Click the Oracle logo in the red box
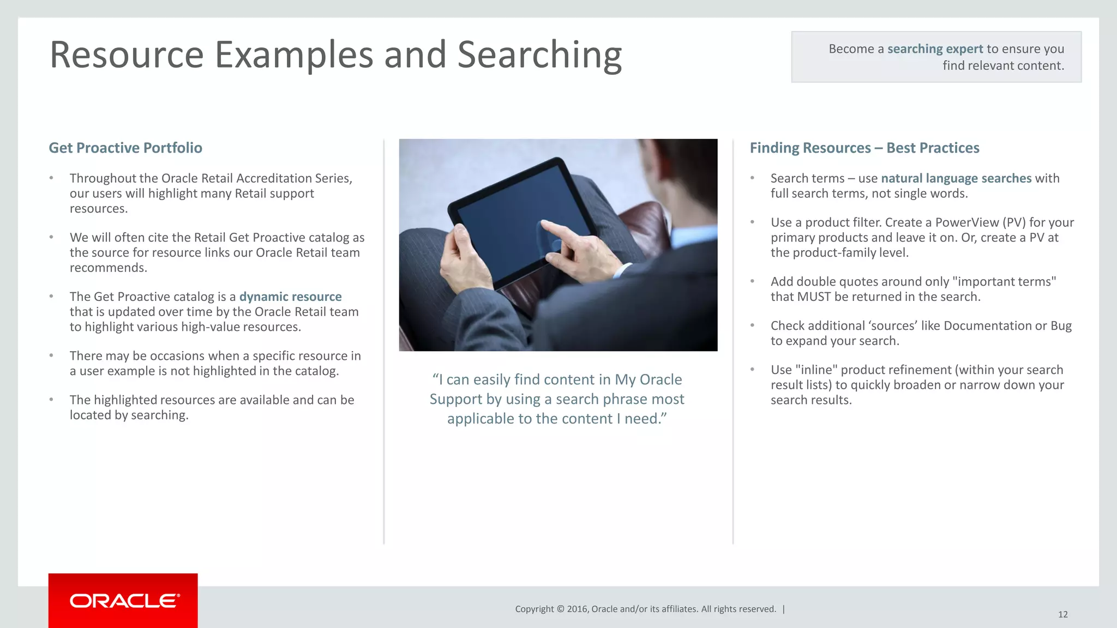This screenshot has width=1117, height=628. [x=124, y=601]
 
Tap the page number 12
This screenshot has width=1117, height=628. [x=1062, y=614]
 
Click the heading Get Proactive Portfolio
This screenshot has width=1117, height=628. [x=125, y=148]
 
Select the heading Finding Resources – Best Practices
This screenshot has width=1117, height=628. [x=864, y=148]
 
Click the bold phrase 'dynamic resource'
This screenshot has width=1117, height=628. [x=290, y=297]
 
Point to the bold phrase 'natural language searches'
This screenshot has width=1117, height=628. [x=956, y=178]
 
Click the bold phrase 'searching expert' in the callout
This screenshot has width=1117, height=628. [x=935, y=49]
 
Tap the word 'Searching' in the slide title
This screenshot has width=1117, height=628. [x=539, y=55]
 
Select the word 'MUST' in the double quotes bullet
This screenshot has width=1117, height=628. [x=814, y=297]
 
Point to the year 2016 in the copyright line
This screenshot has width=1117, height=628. [x=578, y=609]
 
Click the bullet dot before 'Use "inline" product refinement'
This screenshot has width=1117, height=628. [x=752, y=369]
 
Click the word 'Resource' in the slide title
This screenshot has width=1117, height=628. [x=127, y=55]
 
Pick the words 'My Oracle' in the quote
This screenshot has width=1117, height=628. [x=648, y=379]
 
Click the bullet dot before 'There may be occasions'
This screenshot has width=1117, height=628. [x=51, y=355]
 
